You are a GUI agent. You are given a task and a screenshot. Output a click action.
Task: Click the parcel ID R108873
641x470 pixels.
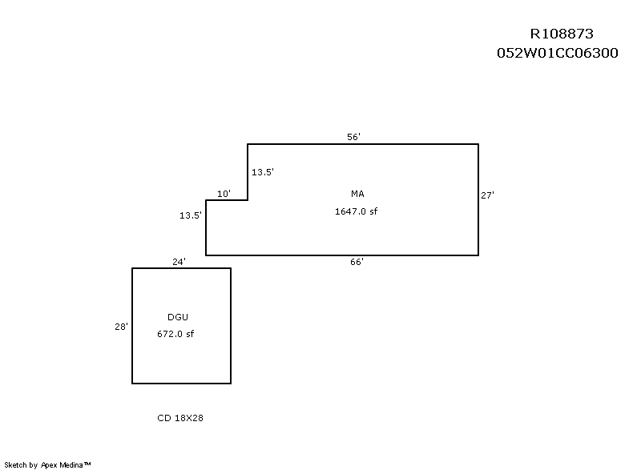tap(562, 34)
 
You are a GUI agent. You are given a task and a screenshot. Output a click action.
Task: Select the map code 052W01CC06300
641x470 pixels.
tap(557, 53)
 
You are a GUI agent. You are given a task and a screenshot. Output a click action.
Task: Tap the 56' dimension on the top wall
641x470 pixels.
tap(353, 137)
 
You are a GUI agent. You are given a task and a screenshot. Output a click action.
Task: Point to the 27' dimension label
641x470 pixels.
tap(487, 195)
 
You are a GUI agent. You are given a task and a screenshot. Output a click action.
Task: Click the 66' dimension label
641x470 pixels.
tap(357, 262)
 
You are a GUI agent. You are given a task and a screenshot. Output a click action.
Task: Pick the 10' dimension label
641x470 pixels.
tap(224, 194)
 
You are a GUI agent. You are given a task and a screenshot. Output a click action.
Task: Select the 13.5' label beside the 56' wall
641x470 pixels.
tap(263, 172)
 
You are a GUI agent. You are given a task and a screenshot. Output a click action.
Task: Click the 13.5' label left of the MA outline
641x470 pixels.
tap(191, 215)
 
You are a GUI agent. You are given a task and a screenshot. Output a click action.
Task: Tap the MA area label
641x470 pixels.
tap(357, 194)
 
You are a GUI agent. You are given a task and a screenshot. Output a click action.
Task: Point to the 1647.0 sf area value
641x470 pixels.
tap(356, 211)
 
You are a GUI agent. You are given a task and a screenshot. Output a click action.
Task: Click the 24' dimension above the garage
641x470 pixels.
tap(179, 262)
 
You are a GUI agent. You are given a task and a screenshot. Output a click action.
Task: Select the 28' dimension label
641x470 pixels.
tap(121, 326)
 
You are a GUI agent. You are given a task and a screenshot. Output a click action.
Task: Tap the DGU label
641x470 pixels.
tap(178, 317)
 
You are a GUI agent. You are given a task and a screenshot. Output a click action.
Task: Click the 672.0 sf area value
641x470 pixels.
tap(175, 334)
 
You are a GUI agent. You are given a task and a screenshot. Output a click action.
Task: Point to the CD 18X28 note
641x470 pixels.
tap(180, 418)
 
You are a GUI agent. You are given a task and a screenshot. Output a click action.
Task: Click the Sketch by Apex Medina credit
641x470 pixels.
tap(47, 464)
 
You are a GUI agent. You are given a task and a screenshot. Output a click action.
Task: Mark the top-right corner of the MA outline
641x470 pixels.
tap(478, 144)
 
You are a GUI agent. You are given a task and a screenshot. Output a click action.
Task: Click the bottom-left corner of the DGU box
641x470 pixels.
tap(132, 384)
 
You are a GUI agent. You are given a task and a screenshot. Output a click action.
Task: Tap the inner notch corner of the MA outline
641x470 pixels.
tap(248, 200)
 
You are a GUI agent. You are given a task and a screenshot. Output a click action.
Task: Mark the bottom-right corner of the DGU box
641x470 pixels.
tap(231, 384)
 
